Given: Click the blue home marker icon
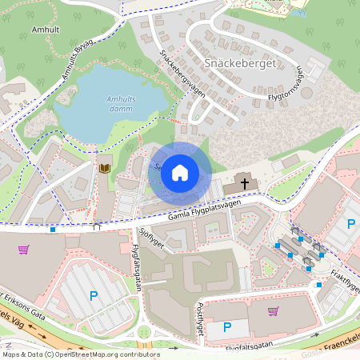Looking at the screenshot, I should click(180, 172).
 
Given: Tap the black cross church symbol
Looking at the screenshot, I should click(245, 183).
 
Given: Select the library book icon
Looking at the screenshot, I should click(104, 168).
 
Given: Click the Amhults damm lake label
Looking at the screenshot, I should click(122, 104).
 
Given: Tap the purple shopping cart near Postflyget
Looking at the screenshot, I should click(273, 311).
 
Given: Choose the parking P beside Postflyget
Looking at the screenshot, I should click(226, 326).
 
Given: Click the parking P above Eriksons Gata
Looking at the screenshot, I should click(94, 296).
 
